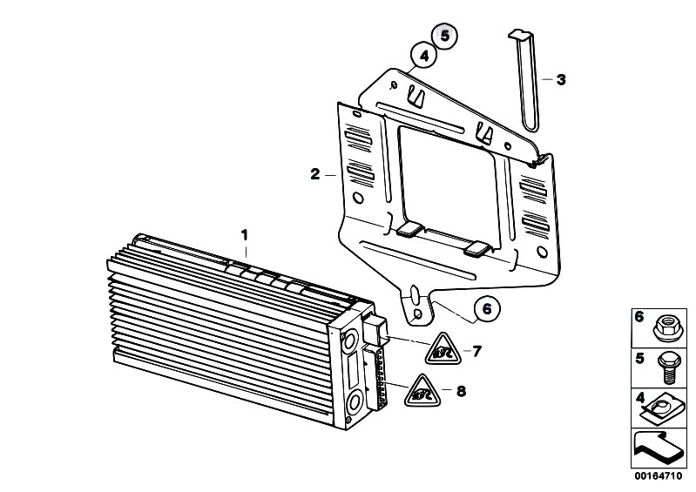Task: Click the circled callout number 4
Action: pos(424,56)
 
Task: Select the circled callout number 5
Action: pos(445,35)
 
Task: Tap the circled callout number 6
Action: pos(487,308)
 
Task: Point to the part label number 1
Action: pos(244,235)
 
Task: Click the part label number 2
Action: pos(314,174)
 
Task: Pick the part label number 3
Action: pos(561,80)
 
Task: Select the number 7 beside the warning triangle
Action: pos(476,351)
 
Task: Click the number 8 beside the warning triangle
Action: pos(462,391)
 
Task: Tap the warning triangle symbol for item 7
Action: pos(442,349)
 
